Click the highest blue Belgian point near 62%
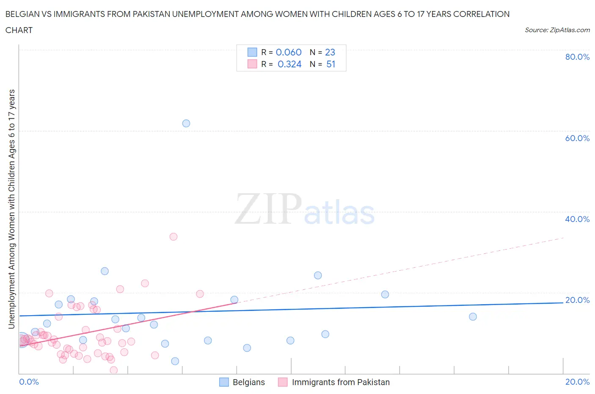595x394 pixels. tap(186, 123)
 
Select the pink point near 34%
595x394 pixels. tap(173, 237)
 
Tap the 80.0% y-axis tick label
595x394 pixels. tap(577, 57)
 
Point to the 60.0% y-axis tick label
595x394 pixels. tap(577, 138)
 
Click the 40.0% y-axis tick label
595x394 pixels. tap(577, 219)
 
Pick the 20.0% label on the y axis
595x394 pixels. tap(577, 300)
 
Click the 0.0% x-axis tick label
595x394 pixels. tap(29, 382)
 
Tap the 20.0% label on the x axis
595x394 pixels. tap(577, 382)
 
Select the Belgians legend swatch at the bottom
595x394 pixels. tap(224, 382)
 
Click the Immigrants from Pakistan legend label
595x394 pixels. tap(341, 382)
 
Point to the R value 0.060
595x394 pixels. tap(289, 52)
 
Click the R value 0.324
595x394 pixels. tap(289, 64)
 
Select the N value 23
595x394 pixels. tap(330, 52)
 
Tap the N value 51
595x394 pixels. tap(331, 64)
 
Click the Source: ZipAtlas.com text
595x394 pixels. tap(557, 30)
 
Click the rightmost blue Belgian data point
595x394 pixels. tap(473, 317)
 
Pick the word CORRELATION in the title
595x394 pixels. tap(481, 14)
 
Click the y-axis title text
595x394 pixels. tap(11, 209)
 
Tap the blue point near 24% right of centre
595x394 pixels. tap(318, 275)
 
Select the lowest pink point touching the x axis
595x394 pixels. tap(113, 370)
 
